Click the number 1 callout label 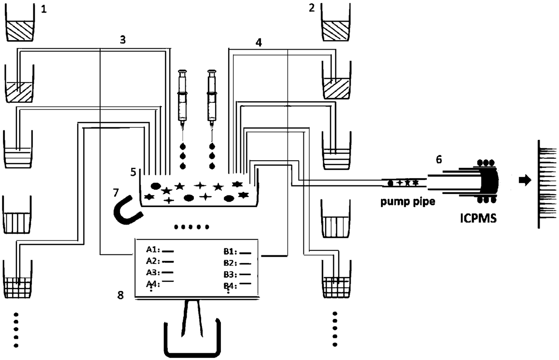click(44, 9)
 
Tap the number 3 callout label click(123, 39)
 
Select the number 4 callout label click(258, 43)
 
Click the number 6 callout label click(439, 159)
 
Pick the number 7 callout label click(116, 193)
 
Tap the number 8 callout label click(120, 295)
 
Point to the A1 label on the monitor click(154, 249)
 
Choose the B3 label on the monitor click(231, 274)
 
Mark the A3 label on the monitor click(154, 272)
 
